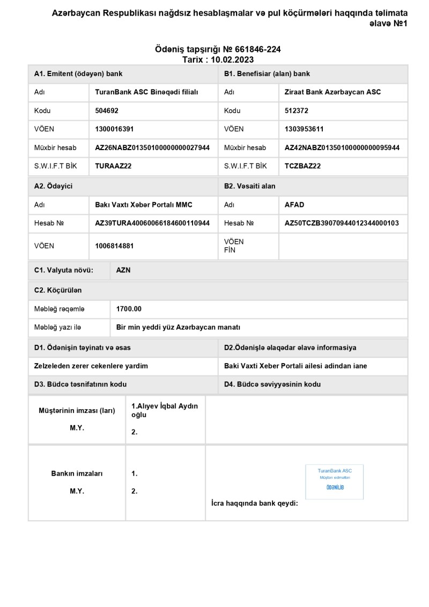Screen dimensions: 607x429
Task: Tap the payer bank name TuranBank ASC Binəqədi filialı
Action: (146, 92)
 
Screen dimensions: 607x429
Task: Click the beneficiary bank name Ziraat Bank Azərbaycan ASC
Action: (332, 92)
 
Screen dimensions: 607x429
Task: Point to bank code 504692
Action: (107, 110)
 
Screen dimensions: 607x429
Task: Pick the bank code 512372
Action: (297, 110)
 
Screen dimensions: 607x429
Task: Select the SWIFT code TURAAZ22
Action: (113, 166)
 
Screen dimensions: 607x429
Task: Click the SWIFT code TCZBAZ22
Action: (302, 166)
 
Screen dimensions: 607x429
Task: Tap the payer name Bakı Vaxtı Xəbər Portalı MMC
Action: (143, 205)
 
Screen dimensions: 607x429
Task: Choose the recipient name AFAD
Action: (294, 205)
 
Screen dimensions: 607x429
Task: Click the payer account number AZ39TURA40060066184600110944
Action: (152, 223)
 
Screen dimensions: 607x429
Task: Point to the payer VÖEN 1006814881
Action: (114, 246)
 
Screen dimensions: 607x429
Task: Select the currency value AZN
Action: (123, 270)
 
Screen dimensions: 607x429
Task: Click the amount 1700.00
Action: (129, 309)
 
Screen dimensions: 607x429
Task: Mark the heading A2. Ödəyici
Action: (53, 186)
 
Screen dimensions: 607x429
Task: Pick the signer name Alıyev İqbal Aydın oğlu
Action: (164, 410)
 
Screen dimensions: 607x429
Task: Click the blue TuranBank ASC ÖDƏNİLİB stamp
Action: (335, 482)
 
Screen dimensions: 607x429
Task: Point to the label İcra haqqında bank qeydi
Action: (255, 504)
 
